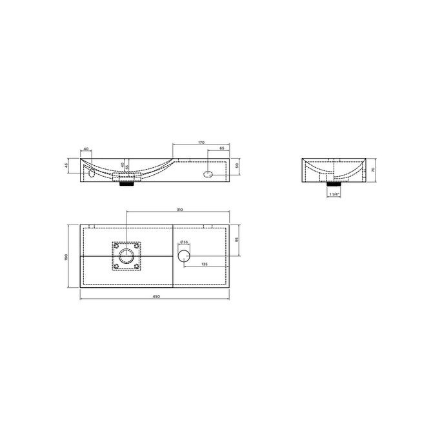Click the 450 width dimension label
point(156,296)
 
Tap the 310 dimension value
point(180,210)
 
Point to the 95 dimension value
point(239,239)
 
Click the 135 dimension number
point(204,264)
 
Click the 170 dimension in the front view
point(202,141)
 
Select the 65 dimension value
point(222,149)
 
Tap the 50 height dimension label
point(238,166)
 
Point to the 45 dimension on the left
point(67,166)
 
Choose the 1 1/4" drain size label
point(334,194)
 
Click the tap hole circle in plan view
point(184,254)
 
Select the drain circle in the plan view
point(127,256)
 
